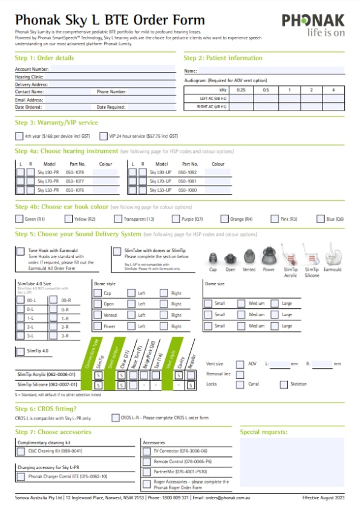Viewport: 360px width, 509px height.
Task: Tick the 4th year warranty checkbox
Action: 19,136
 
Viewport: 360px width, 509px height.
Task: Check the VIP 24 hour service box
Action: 103,136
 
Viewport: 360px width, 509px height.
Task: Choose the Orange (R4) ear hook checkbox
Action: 225,219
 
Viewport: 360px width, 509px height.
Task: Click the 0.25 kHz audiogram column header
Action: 241,89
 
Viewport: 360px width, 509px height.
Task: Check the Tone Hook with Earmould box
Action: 21,251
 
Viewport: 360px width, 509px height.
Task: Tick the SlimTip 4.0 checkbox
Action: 19,350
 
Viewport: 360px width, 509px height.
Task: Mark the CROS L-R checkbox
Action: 115,417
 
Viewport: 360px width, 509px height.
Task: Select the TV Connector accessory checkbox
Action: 148,451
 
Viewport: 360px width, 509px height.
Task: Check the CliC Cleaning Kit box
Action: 21,451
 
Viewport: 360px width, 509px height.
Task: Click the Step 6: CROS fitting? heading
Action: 46,409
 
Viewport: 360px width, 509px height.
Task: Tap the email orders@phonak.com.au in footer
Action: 229,498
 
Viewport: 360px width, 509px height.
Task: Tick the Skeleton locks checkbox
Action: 283,384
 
